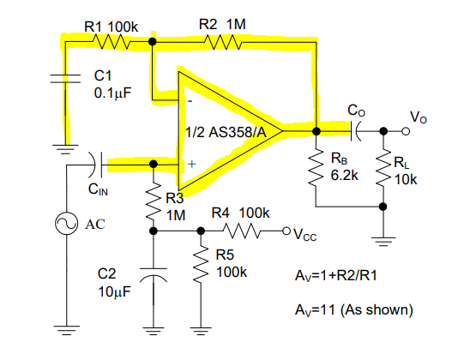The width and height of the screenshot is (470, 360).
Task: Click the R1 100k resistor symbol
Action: (x=111, y=41)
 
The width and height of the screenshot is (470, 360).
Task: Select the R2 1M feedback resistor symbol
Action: (x=223, y=42)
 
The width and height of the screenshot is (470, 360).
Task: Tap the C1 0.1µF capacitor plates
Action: (x=65, y=78)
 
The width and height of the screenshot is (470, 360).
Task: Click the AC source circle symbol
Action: (x=66, y=224)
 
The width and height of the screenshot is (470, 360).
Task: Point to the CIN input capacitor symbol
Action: (x=96, y=165)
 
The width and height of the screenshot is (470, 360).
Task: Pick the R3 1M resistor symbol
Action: (x=154, y=201)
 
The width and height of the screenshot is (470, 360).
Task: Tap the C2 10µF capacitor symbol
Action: (x=154, y=275)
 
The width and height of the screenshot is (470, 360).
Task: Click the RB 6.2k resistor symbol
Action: (x=316, y=168)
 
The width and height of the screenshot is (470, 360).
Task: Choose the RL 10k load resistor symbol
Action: (x=383, y=168)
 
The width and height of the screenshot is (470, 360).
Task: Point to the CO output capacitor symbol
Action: (x=355, y=131)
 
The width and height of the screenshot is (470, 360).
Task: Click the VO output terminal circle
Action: (x=406, y=131)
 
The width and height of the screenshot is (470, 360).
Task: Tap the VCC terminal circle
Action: (x=286, y=231)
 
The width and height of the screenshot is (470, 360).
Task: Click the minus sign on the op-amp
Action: (x=190, y=101)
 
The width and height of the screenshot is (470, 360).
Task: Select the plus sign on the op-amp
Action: (x=192, y=164)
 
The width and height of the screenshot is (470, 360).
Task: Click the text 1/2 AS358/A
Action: (x=226, y=132)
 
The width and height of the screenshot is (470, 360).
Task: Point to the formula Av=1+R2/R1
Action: (x=336, y=275)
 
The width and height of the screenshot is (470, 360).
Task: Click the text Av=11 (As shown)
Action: (x=354, y=309)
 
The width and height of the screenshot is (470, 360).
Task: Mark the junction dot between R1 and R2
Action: (x=153, y=41)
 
